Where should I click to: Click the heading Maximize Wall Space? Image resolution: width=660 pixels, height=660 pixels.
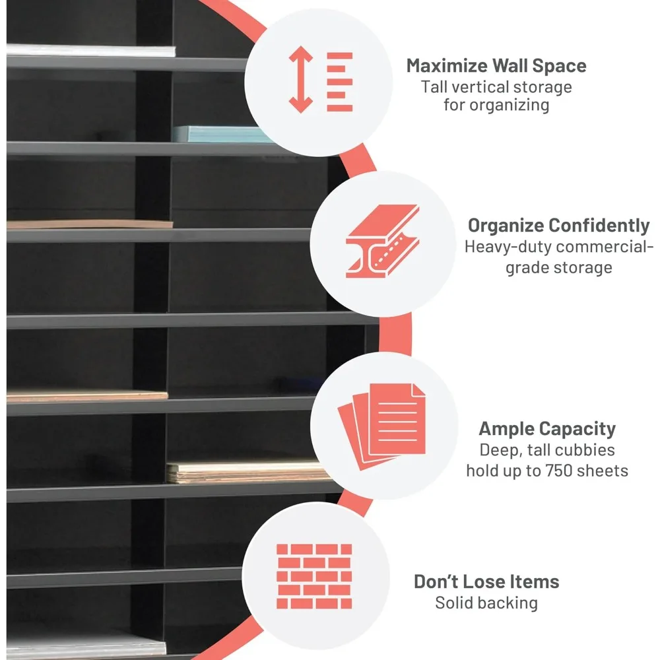496,65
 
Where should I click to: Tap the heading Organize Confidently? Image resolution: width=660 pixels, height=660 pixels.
558,226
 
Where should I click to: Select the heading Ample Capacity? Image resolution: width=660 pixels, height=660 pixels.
547,430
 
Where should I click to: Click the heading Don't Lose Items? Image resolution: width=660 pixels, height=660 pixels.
486,581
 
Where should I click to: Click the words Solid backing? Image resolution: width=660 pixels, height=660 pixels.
486,603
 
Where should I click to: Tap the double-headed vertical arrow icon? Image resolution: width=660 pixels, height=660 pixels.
300,79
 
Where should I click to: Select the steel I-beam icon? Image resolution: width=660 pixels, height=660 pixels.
382,241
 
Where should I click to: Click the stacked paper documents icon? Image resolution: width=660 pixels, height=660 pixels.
381,426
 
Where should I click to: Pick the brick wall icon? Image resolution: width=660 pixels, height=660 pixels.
314,576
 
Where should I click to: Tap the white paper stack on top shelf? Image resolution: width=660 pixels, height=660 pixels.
91,51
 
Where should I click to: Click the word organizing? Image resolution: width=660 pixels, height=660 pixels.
510,106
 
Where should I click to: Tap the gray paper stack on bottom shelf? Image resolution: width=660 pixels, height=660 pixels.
86,644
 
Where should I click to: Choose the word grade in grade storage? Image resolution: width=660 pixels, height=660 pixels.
527,268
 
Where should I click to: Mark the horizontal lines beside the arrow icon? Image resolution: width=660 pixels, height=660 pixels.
340,82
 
